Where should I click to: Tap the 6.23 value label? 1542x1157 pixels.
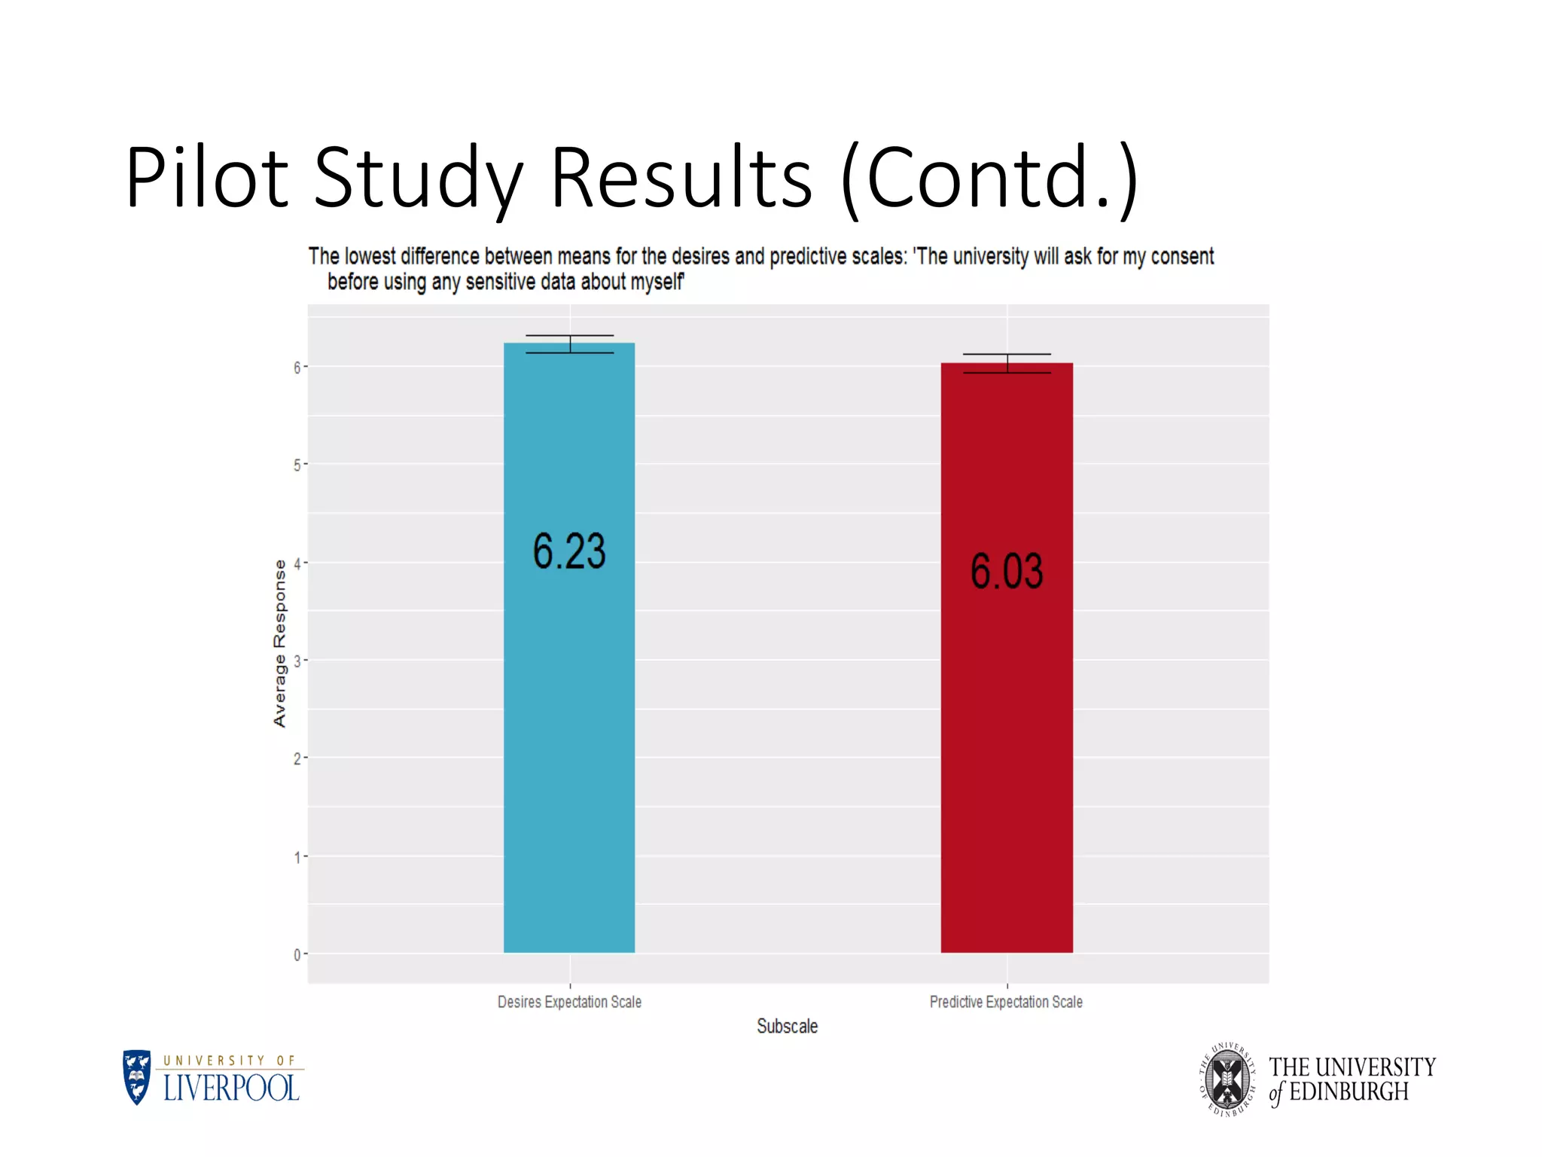point(569,551)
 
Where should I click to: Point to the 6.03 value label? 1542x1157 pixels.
point(1007,570)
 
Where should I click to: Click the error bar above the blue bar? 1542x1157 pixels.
point(570,343)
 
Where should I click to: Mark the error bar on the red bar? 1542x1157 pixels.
point(1007,363)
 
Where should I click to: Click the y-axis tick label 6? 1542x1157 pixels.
point(297,367)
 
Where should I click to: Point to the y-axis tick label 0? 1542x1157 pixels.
point(297,955)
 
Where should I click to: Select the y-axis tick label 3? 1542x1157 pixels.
point(297,661)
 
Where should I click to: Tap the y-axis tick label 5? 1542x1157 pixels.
point(297,465)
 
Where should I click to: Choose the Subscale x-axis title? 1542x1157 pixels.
point(787,1026)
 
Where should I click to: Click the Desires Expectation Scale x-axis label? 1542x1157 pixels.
point(569,1002)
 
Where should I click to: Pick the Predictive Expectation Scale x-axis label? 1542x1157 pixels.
point(1006,1002)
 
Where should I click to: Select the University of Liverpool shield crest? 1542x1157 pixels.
point(137,1077)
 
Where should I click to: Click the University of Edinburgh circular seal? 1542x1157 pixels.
point(1227,1079)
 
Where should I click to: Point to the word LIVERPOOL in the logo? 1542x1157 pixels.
point(231,1088)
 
